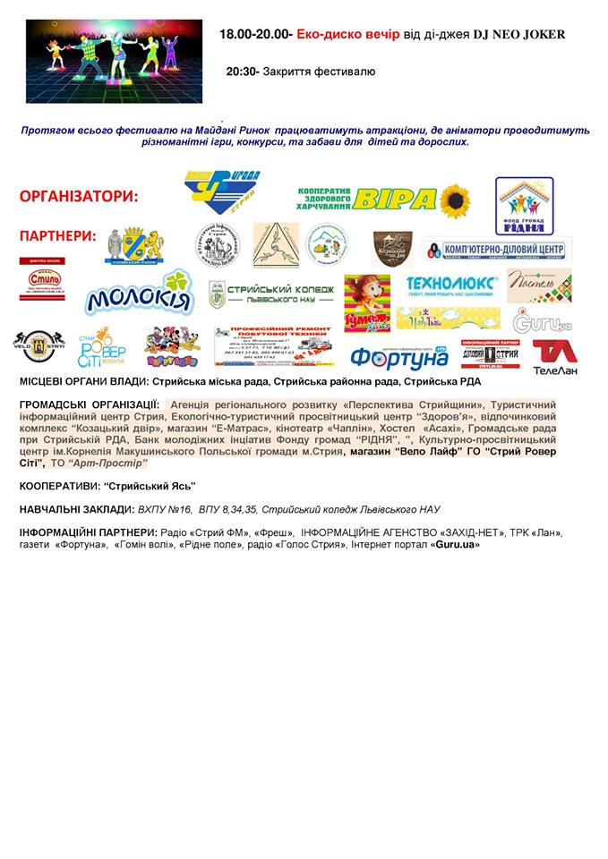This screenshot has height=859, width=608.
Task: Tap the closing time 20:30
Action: pyautogui.click(x=244, y=72)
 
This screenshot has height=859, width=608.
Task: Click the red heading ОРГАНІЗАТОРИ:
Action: pyautogui.click(x=79, y=196)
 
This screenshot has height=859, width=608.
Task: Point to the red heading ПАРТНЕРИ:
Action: pyautogui.click(x=57, y=236)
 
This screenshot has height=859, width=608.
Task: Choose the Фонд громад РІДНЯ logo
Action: pyautogui.click(x=524, y=205)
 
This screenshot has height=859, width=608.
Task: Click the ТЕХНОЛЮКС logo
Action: pyautogui.click(x=451, y=285)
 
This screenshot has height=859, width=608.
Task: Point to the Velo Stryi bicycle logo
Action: pyautogui.click(x=39, y=344)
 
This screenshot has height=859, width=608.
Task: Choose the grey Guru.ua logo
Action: pyautogui.click(x=542, y=320)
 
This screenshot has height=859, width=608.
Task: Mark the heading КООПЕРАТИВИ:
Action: pyautogui.click(x=60, y=486)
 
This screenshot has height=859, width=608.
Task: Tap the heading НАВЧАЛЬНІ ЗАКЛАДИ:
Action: pyautogui.click(x=77, y=509)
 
